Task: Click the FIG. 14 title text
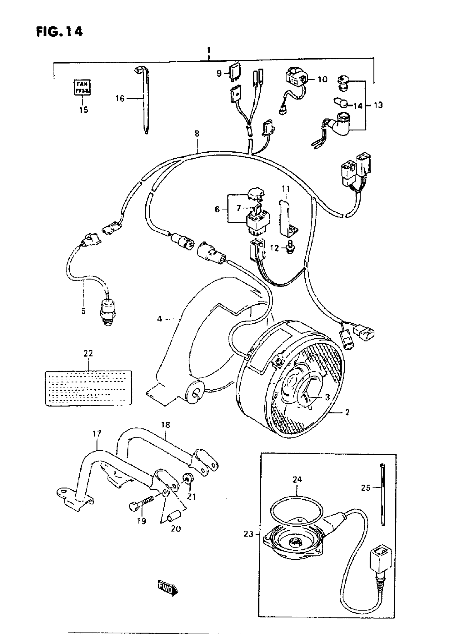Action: coord(59,31)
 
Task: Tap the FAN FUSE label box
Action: coord(82,87)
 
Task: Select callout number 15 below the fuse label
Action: coord(83,110)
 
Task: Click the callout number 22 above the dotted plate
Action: coord(88,353)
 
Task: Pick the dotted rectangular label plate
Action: coord(88,388)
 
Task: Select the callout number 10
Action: coord(322,79)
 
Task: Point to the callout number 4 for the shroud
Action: coord(160,319)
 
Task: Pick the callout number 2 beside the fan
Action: coord(347,412)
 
